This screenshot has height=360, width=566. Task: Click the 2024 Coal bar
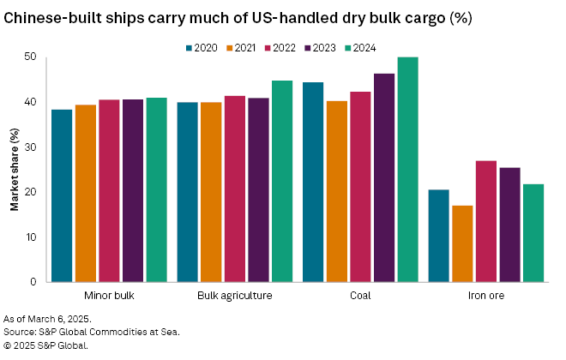(x=407, y=170)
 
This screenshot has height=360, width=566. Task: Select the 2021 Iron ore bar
(x=462, y=243)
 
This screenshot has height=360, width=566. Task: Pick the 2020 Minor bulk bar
(x=62, y=195)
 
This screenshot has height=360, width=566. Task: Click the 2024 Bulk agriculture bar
(x=282, y=181)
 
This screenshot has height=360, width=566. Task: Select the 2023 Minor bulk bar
(x=133, y=190)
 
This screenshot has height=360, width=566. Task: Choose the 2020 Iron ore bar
(x=438, y=236)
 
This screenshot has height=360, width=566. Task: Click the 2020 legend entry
(x=202, y=48)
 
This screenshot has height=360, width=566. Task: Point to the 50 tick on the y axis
(x=31, y=57)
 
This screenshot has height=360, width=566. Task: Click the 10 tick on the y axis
(x=31, y=237)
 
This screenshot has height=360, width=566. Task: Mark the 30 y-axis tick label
(x=31, y=147)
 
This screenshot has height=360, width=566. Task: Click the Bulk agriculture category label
(x=235, y=296)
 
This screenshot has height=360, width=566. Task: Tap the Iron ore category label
(x=485, y=296)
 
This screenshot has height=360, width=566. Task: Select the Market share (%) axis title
(x=14, y=170)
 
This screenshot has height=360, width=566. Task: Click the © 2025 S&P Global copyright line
(x=46, y=345)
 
